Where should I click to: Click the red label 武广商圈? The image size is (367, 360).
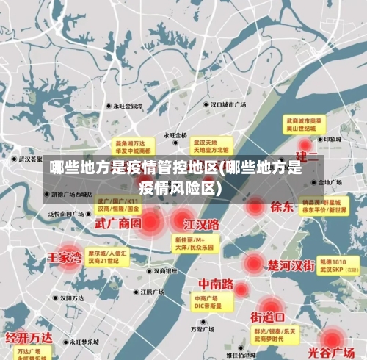point(117,223)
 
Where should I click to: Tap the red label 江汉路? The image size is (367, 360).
point(201,223)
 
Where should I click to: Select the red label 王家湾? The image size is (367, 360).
point(65,258)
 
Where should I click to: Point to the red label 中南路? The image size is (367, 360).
point(216,283)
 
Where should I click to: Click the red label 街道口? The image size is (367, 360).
point(268,317)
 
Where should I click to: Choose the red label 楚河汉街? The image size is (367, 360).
point(291,264)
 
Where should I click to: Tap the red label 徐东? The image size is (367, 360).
point(282,206)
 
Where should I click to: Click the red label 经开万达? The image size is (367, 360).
point(29,338)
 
